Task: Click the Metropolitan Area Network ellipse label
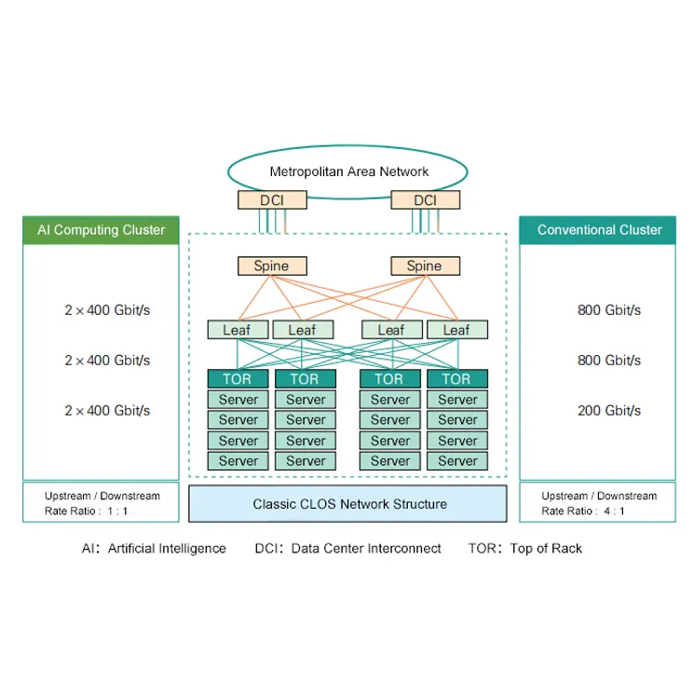[348, 171]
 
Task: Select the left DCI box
[271, 200]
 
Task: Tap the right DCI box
[425, 200]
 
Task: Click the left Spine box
[271, 266]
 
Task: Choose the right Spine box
[425, 266]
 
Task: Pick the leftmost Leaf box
[238, 330]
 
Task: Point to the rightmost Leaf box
[456, 330]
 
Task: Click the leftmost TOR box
[238, 378]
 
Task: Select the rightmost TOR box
[456, 378]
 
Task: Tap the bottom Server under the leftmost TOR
[238, 460]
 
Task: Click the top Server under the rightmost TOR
[456, 400]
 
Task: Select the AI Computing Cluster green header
[101, 230]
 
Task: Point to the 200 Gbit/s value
[609, 410]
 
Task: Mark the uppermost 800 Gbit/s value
[609, 310]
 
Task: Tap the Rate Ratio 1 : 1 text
[88, 511]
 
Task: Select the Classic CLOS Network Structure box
[348, 504]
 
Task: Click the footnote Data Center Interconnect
[366, 549]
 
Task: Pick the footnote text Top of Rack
[546, 549]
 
